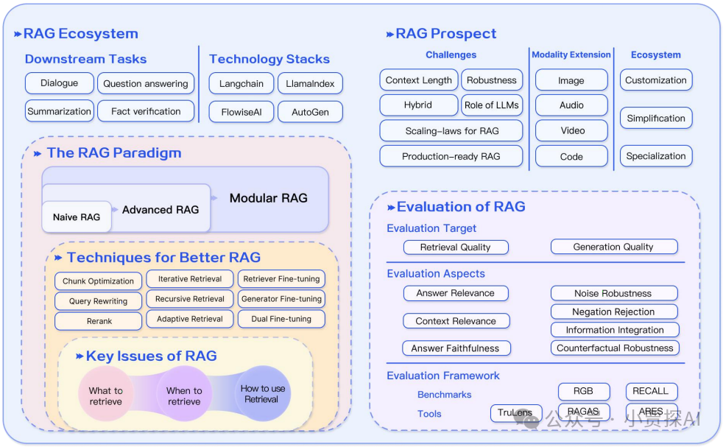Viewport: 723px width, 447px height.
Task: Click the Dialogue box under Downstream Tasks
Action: pos(60,83)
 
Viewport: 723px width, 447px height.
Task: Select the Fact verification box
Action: pos(146,111)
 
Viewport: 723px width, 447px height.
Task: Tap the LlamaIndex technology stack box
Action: pos(310,84)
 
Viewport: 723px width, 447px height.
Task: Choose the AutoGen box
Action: pos(310,112)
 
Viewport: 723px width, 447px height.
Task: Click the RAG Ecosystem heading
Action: pos(80,34)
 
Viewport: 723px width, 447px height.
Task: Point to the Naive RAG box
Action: pos(77,217)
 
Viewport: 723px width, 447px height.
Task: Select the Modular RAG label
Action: pos(268,198)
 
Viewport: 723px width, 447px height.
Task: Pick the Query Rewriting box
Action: pos(99,301)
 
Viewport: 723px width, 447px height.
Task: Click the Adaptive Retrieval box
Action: pos(190,319)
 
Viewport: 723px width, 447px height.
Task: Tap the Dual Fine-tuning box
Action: pos(281,319)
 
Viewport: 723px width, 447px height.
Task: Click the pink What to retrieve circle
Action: pos(106,395)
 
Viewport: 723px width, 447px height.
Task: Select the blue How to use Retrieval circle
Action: pos(263,394)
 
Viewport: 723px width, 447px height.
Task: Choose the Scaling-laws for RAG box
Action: pos(451,131)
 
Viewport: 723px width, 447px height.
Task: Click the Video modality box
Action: pos(571,131)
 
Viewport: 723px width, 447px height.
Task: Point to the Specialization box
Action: pos(655,156)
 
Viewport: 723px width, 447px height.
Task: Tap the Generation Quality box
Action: pos(613,247)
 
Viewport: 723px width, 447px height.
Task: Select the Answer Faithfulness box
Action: pos(455,348)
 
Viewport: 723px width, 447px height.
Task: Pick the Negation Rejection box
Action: pos(613,312)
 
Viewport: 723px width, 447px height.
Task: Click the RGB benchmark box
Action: pos(583,391)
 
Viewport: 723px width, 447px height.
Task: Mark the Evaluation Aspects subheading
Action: pos(436,274)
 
